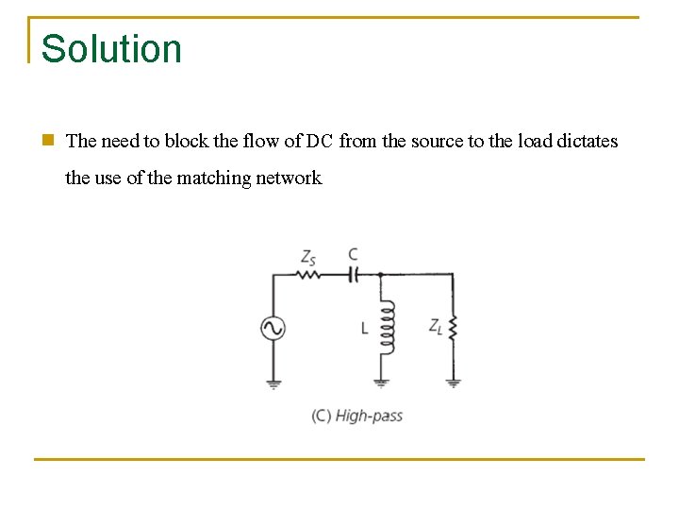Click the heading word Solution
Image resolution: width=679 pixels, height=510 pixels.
pyautogui.click(x=111, y=49)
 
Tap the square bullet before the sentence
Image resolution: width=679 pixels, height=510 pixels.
pyautogui.click(x=47, y=141)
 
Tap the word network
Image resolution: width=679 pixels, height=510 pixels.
pyautogui.click(x=289, y=178)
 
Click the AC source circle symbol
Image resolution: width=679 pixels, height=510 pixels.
pyautogui.click(x=273, y=328)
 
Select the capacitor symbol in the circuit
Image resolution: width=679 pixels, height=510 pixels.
pyautogui.click(x=354, y=275)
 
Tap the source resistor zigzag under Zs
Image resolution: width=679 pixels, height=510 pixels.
pyautogui.click(x=307, y=275)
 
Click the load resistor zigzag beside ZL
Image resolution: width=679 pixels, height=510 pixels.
pyautogui.click(x=453, y=329)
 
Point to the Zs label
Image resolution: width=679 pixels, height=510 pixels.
pyautogui.click(x=308, y=256)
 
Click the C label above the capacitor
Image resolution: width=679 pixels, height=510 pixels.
pyautogui.click(x=353, y=255)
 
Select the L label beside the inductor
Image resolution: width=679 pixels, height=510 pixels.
pyautogui.click(x=364, y=329)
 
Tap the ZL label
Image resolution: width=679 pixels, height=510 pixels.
pyautogui.click(x=436, y=327)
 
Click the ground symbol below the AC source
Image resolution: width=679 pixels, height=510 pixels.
pyautogui.click(x=273, y=382)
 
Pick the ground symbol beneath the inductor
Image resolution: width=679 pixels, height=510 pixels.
pyautogui.click(x=382, y=382)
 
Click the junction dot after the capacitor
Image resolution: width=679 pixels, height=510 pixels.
pyautogui.click(x=380, y=275)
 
